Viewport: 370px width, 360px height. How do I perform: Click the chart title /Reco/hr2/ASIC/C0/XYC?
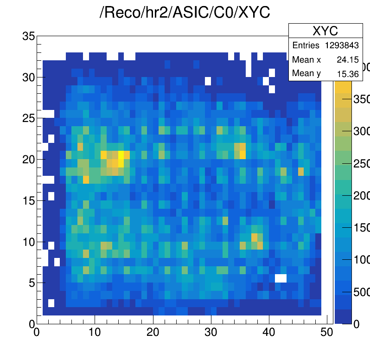[x=185, y=13]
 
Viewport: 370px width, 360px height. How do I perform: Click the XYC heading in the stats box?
[x=325, y=31]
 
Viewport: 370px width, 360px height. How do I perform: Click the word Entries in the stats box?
[x=306, y=45]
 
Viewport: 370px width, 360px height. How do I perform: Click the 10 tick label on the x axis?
[x=95, y=332]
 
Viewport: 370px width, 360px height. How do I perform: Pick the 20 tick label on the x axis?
[x=153, y=332]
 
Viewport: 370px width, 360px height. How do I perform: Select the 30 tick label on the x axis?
[x=211, y=332]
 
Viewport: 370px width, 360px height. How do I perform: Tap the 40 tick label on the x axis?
[x=269, y=332]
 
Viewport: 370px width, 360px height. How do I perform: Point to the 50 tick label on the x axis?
[x=327, y=332]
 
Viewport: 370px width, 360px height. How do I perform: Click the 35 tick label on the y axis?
[x=28, y=36]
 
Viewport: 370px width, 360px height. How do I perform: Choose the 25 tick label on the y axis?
[x=28, y=118]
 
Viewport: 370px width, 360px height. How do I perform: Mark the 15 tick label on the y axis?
[x=28, y=200]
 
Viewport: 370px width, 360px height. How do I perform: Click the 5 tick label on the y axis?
[x=32, y=282]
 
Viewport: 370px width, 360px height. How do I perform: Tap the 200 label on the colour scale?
[x=360, y=196]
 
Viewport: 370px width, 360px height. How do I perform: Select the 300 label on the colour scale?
[x=360, y=131]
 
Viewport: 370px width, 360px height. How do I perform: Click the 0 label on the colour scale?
[x=356, y=324]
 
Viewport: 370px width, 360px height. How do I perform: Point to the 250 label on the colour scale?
[x=360, y=164]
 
